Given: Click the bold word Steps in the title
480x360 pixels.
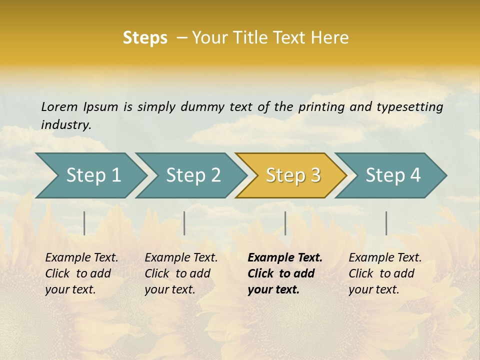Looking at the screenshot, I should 145,37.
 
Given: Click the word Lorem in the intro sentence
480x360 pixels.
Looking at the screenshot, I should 59,106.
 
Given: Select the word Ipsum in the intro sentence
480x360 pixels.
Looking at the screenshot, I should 100,106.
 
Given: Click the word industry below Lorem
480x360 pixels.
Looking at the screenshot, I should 66,124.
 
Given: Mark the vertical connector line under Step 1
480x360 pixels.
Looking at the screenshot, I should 84,223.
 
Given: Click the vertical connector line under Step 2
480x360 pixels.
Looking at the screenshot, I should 184,223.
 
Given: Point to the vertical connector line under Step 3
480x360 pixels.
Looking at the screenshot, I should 285,223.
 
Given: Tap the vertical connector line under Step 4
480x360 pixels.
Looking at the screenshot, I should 386,223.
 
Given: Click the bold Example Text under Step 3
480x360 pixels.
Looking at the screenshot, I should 285,257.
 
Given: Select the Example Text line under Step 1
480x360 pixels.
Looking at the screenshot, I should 81,257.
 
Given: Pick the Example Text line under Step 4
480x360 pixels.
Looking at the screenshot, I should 385,257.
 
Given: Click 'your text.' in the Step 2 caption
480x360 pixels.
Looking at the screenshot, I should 169,289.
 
